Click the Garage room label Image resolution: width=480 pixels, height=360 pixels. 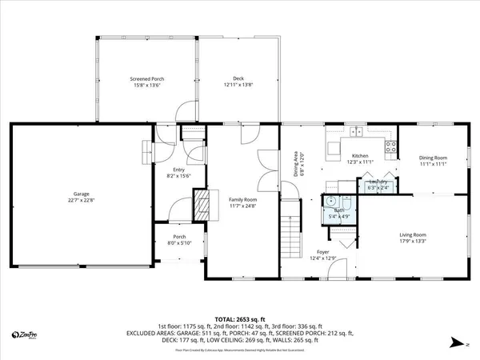point(81,194)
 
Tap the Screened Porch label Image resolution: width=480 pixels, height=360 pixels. point(147,78)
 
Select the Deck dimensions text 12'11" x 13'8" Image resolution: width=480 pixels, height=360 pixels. point(238,85)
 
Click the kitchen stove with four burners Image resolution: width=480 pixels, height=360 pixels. point(391,146)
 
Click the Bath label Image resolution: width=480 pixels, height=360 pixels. point(338,210)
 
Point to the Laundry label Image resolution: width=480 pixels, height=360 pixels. point(378,182)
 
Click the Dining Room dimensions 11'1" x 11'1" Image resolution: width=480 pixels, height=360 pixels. point(433,164)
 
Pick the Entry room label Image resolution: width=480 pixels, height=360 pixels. point(176,170)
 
